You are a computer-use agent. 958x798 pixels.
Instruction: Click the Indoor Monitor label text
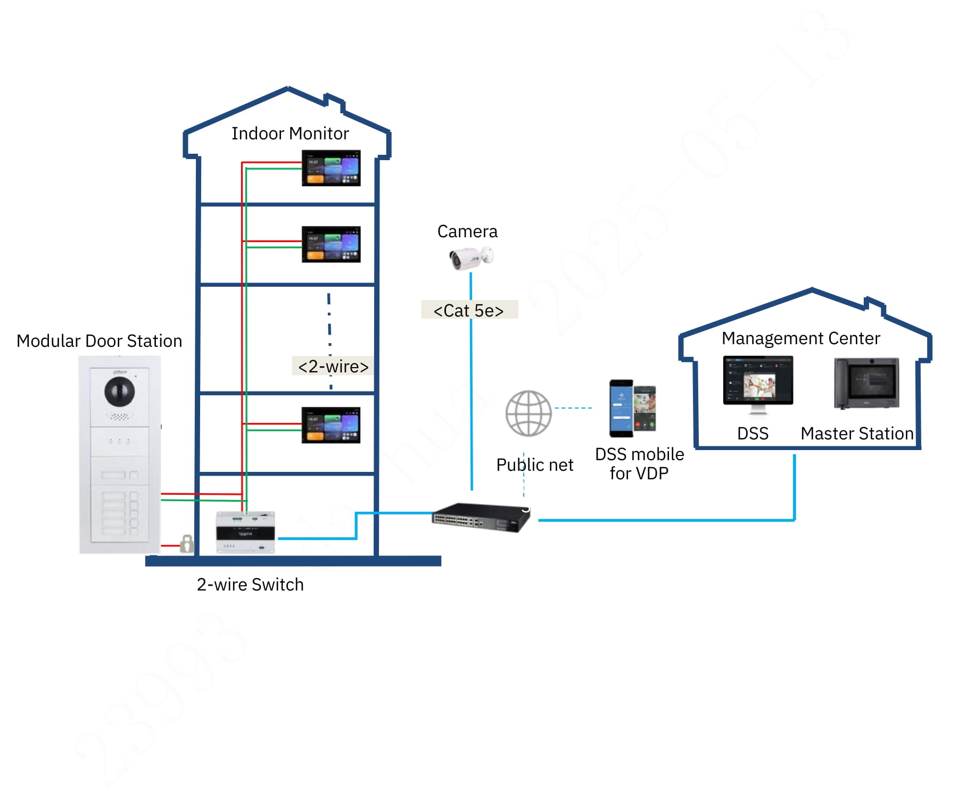coord(290,134)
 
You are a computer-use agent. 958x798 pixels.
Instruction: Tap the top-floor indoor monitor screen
coord(331,168)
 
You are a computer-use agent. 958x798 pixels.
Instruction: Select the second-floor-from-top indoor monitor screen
coord(331,244)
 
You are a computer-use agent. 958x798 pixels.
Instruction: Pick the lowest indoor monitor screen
coord(331,425)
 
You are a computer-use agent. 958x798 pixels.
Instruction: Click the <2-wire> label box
coord(333,366)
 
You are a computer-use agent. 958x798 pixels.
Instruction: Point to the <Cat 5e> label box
coord(469,310)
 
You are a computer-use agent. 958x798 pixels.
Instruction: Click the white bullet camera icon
coord(470,258)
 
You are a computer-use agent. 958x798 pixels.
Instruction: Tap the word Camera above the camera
coord(467,231)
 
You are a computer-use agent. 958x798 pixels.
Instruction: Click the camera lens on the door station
coord(119,392)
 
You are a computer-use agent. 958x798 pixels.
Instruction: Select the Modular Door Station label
coord(100,340)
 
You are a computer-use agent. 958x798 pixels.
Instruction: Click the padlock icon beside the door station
coord(186,544)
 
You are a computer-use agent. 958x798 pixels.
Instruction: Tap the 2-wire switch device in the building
coord(245,532)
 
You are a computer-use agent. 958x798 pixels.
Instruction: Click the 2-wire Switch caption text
coord(250,584)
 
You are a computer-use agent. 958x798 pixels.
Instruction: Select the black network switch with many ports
coord(481,518)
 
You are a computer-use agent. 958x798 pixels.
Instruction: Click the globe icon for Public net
coord(528,413)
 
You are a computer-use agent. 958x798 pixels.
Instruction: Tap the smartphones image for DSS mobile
coord(632,408)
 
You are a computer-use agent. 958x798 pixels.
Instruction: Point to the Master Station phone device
coord(866,383)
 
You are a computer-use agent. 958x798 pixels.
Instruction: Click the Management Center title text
coord(800,338)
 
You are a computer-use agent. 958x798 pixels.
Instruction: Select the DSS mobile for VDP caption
coord(639,463)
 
